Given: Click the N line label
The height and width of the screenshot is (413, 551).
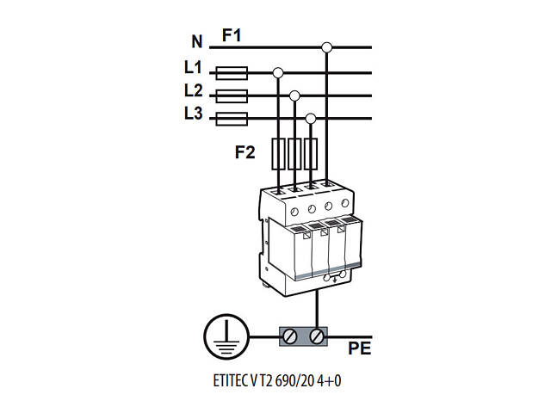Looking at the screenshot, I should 195,41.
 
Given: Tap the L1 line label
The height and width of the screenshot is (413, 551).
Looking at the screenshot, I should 193,66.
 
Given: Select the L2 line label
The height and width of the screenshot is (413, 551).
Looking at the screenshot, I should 193,90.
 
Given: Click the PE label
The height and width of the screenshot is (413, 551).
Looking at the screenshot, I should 360,348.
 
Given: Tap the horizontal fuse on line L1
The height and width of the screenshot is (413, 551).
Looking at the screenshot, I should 231,72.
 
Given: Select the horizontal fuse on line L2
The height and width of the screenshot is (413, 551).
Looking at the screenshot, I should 231,96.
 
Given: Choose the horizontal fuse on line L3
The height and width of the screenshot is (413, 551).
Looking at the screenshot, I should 231,119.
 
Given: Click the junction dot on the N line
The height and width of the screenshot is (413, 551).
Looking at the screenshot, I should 326,46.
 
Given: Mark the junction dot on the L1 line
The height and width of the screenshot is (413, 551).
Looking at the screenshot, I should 278,72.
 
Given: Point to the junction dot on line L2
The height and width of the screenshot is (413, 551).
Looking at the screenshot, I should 294,96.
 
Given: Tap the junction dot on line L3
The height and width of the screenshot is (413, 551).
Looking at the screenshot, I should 311,119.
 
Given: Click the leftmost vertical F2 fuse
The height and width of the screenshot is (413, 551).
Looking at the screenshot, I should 278,154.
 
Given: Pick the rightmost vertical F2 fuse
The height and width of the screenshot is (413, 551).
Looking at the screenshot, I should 311,154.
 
